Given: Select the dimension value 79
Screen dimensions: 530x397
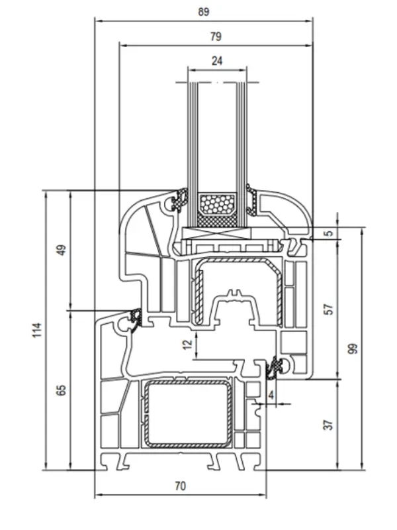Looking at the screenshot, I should tap(216, 36).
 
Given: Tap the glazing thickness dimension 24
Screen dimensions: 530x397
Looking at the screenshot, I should tap(216, 60).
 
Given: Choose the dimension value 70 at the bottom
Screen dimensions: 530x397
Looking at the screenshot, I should tap(180, 486).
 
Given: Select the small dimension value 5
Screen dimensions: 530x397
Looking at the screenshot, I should tap(329, 233).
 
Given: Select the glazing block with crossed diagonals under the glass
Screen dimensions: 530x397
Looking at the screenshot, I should tap(216, 233).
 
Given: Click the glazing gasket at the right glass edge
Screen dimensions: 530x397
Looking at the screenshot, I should tap(253, 199).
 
